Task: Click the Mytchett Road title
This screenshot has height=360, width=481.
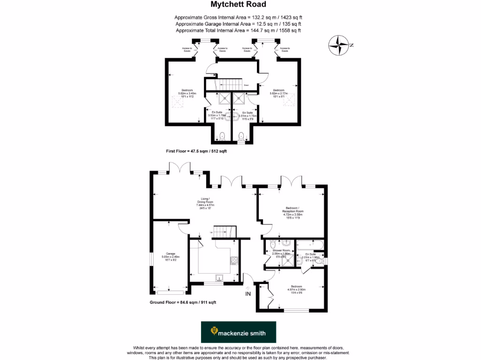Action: click(238, 5)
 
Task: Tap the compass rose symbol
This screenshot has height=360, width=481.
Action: click(339, 45)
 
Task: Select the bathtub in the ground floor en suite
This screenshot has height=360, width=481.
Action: click(310, 244)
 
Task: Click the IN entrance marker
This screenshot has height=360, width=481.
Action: click(248, 294)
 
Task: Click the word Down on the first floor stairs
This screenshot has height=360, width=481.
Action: click(246, 85)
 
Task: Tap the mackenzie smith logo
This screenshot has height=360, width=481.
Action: click(238, 332)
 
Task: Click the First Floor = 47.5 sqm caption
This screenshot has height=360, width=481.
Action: click(193, 151)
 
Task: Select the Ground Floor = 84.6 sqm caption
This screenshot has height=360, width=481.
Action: click(183, 302)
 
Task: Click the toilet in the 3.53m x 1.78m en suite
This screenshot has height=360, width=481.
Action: click(222, 136)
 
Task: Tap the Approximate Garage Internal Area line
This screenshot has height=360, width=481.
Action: click(238, 24)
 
